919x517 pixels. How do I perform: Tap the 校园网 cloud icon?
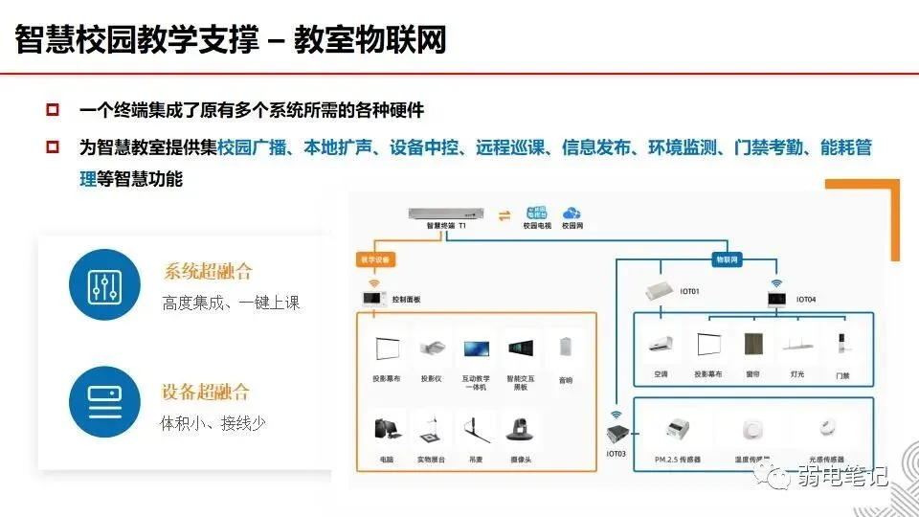tap(572, 214)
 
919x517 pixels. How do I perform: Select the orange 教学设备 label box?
tap(373, 259)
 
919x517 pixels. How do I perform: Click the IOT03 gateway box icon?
tap(615, 434)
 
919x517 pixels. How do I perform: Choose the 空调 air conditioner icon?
tap(661, 346)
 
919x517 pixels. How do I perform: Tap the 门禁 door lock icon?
tap(841, 346)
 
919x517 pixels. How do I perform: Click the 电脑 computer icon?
tap(386, 431)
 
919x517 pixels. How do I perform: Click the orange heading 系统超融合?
tap(208, 272)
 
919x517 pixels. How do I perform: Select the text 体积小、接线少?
tap(213, 422)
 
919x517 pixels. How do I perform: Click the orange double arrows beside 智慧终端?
tap(504, 214)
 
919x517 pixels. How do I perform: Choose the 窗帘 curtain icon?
tap(751, 346)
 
